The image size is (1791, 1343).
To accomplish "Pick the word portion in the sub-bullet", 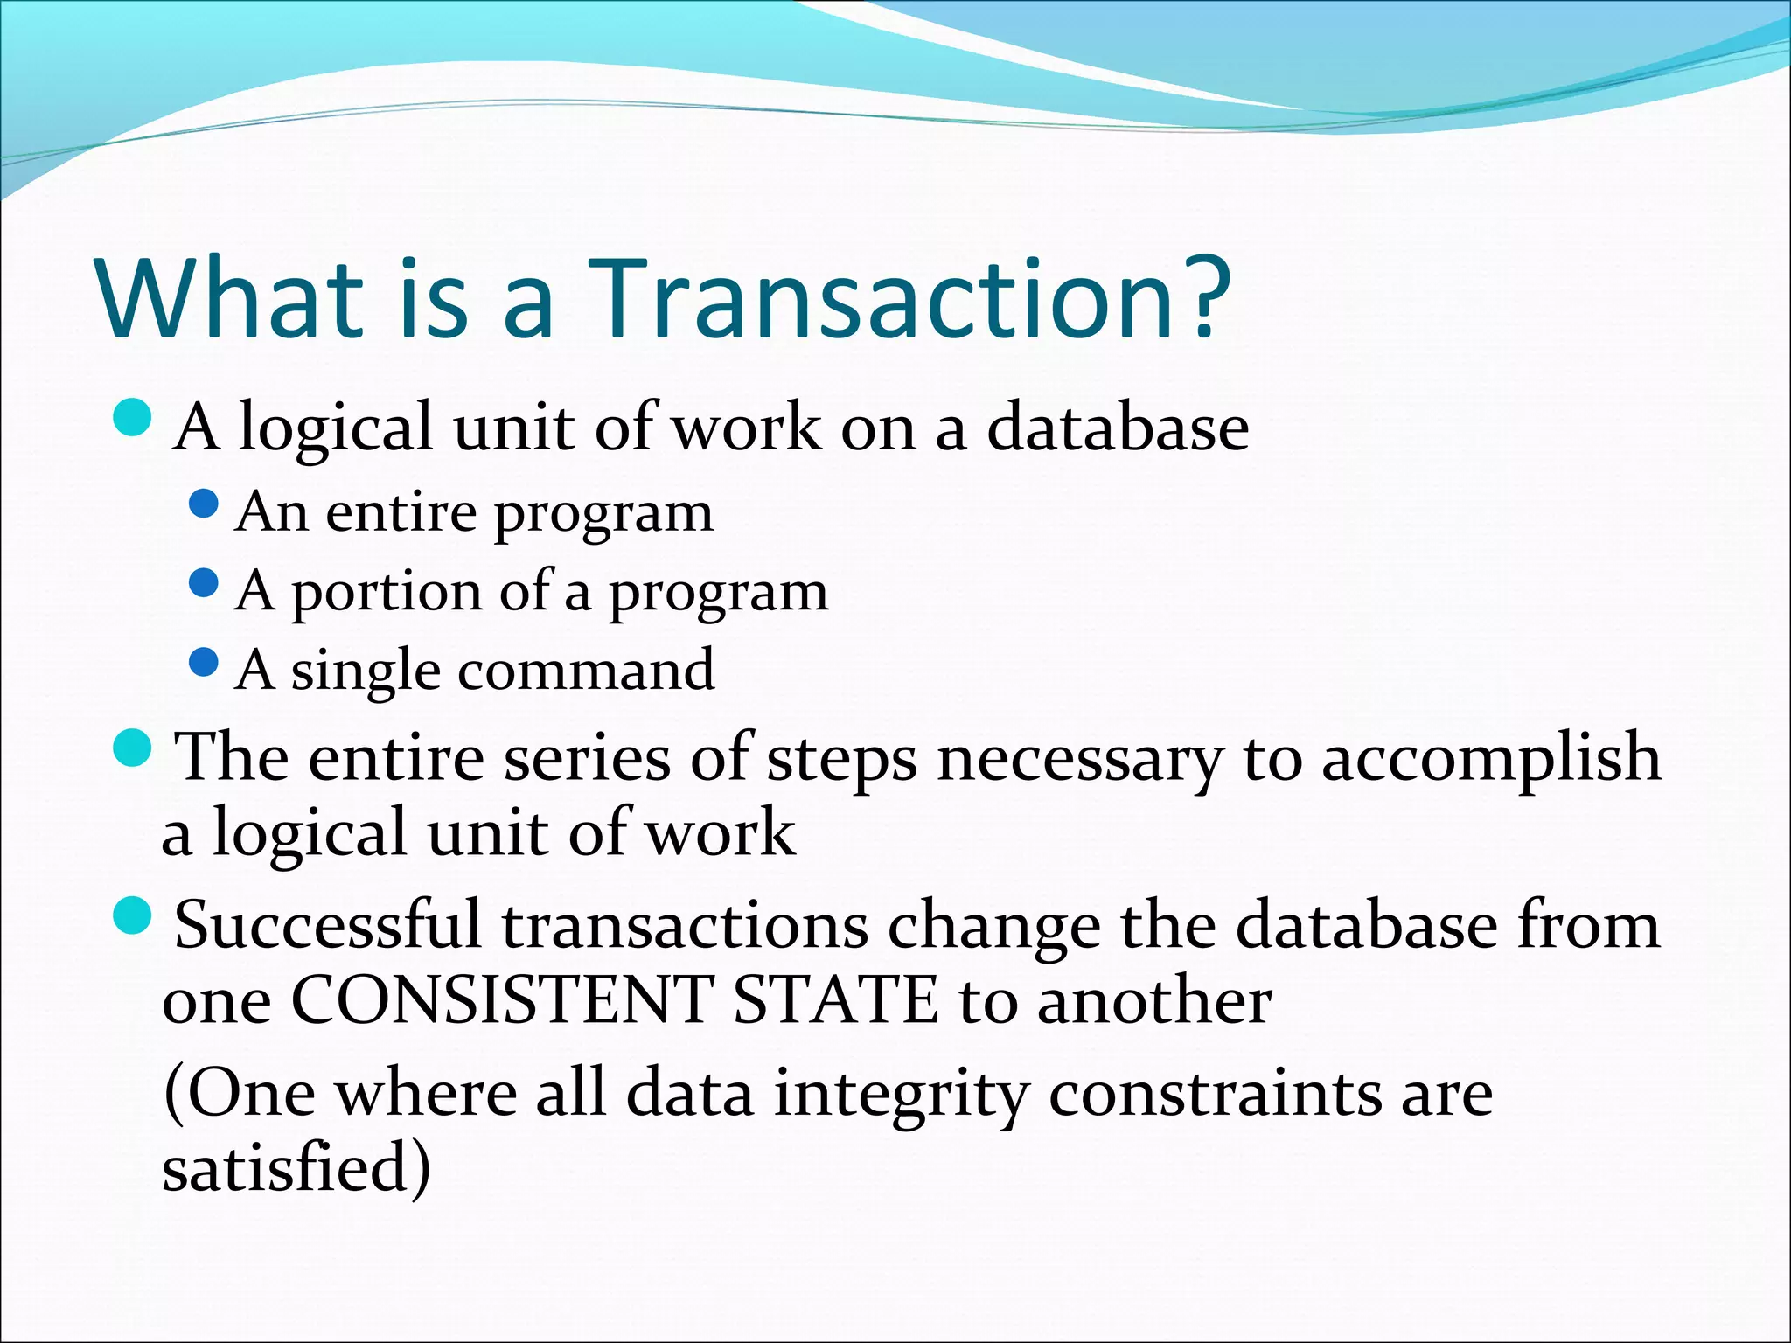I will pyautogui.click(x=385, y=593).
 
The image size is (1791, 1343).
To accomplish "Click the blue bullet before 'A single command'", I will pyautogui.click(x=203, y=662).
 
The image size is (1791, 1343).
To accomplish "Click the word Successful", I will pyautogui.click(x=328, y=925).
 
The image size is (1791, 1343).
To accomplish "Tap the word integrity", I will pyautogui.click(x=901, y=1095).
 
